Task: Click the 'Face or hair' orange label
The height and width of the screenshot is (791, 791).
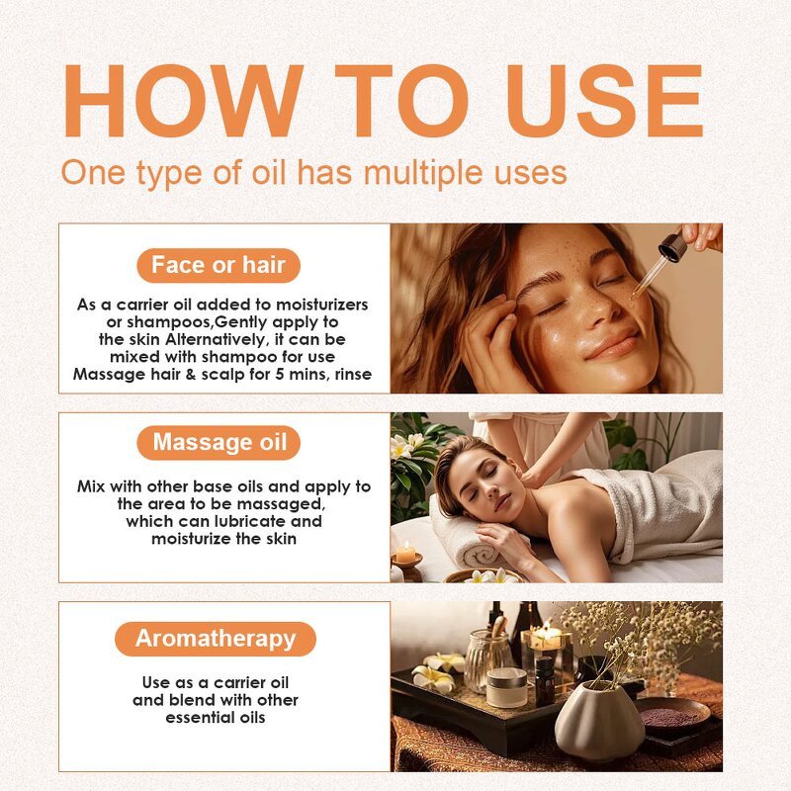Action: click(218, 265)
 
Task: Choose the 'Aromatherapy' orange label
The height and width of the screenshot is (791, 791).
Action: click(216, 639)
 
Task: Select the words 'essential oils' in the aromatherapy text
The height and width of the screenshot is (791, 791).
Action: click(216, 718)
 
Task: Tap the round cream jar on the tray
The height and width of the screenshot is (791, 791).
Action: click(505, 686)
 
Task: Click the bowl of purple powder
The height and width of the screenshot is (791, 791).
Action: click(669, 714)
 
